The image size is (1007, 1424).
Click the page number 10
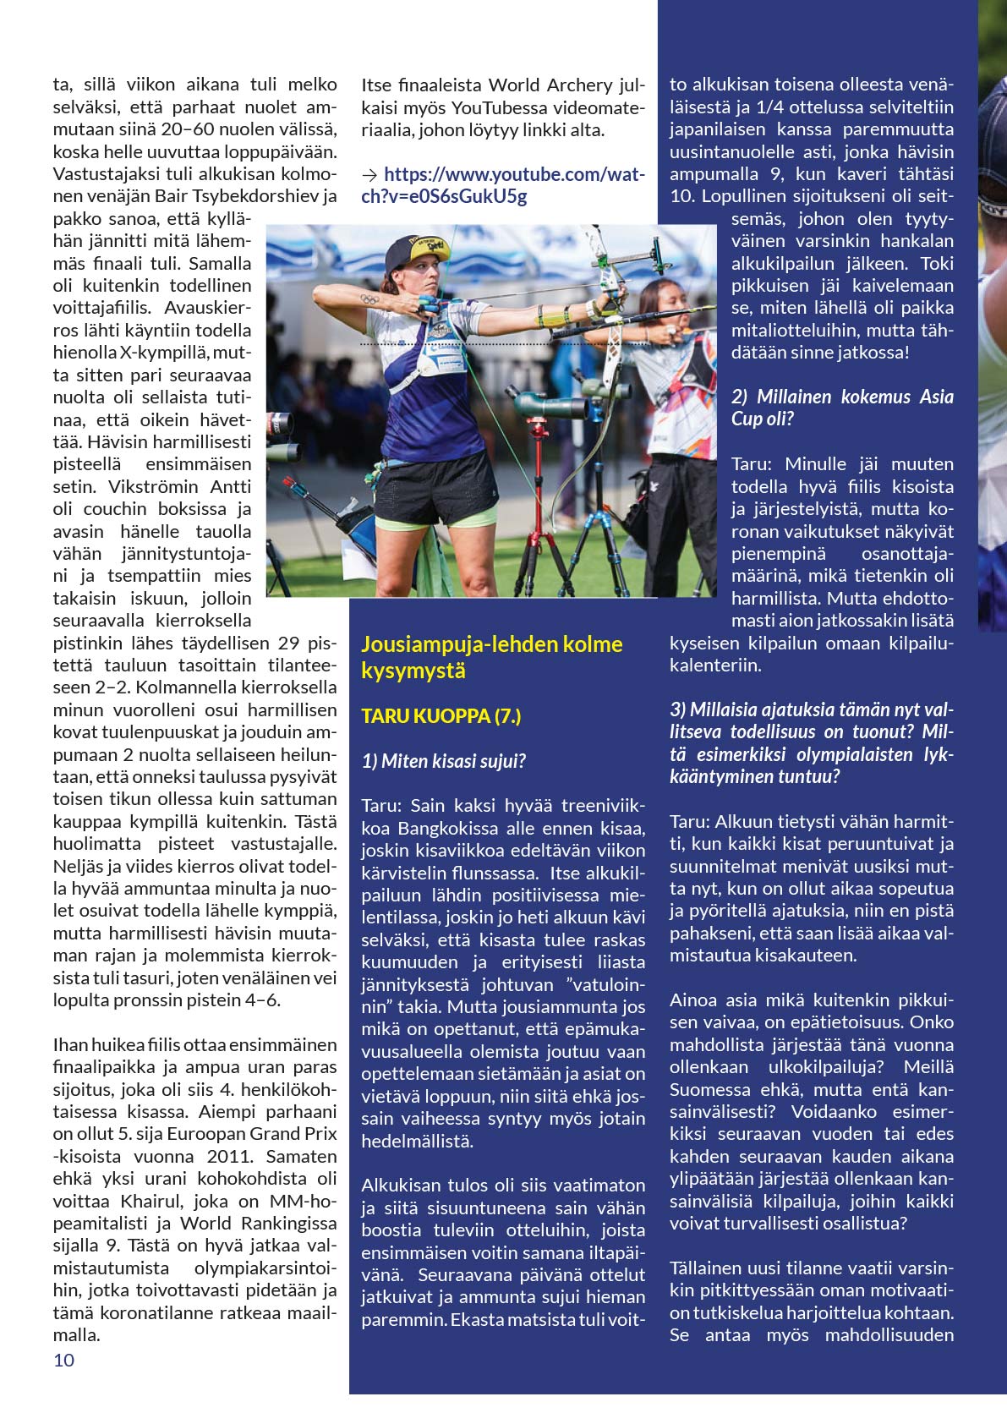tap(63, 1360)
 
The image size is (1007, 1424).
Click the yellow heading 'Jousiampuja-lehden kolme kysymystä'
tap(491, 657)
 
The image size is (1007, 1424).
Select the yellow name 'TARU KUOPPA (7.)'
tap(441, 716)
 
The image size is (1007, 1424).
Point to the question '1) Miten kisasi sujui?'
tap(443, 761)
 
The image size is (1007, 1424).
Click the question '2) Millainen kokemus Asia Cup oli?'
tap(841, 408)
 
